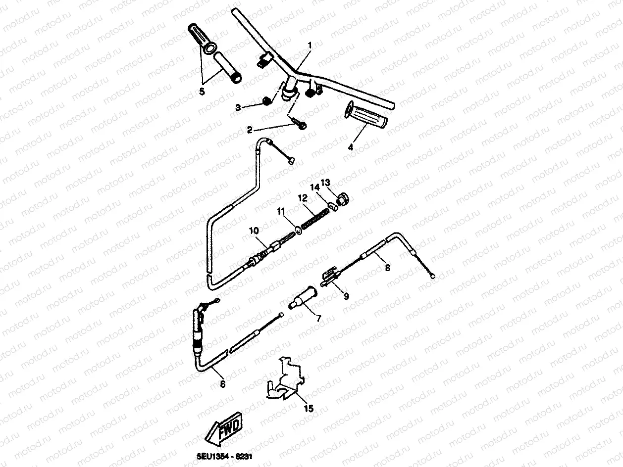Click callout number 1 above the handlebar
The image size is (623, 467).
click(x=310, y=46)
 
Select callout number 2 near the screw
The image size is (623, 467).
click(x=250, y=130)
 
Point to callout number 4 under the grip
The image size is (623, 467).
click(x=350, y=147)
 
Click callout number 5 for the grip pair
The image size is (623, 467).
click(x=201, y=91)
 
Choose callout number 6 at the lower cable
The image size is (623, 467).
click(x=222, y=383)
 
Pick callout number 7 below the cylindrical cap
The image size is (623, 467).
click(x=318, y=319)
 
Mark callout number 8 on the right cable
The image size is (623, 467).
click(x=387, y=267)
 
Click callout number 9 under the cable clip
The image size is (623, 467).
click(x=346, y=296)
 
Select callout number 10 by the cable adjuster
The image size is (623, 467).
click(x=254, y=231)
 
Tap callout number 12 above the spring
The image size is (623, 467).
click(x=303, y=197)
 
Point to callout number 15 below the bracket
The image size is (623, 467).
click(x=309, y=409)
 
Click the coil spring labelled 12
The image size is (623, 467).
click(x=314, y=217)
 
